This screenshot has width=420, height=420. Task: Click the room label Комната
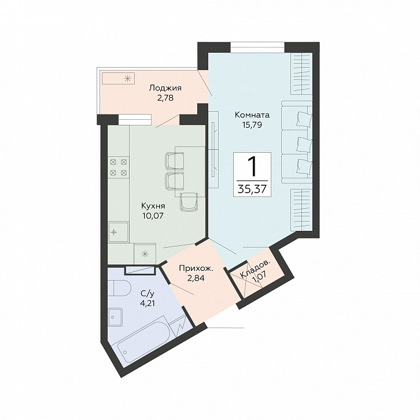tap(252, 115)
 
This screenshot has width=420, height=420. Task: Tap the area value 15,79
tap(252, 125)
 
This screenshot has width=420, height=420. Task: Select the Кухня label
tap(153, 206)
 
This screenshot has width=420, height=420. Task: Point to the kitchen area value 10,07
tap(153, 216)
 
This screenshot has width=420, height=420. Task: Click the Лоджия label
tap(165, 88)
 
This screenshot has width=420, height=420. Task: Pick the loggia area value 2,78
tap(165, 98)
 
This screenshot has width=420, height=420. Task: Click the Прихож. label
tap(196, 268)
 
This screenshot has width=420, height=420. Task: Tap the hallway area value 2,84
tap(196, 278)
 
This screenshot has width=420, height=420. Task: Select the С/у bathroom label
tap(148, 293)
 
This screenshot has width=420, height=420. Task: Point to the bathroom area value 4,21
tap(148, 303)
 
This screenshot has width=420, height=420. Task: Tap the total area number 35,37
tap(252, 189)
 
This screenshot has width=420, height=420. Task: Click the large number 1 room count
tap(252, 166)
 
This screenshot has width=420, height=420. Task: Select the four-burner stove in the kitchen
tap(119, 167)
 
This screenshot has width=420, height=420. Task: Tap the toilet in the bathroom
tap(119, 289)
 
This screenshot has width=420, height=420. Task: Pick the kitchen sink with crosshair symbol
tap(118, 232)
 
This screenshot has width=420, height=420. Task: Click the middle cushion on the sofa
tap(304, 145)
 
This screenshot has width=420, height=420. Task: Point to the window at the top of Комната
tap(257, 47)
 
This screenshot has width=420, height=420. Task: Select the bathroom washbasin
tap(115, 317)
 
